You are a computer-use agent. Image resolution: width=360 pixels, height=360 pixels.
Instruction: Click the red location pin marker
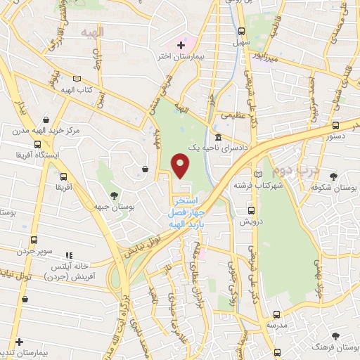[x=181, y=165]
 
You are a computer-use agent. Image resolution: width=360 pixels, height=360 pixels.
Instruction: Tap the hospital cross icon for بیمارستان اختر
[x=181, y=45]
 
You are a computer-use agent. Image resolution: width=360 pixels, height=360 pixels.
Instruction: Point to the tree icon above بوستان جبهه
[x=115, y=195]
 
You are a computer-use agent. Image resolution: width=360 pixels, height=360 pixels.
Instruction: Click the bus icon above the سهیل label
[x=241, y=32]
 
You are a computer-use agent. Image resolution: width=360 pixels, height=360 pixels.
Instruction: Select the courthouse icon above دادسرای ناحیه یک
[x=220, y=137]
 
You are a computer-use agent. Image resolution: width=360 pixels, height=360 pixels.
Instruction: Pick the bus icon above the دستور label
[x=335, y=127]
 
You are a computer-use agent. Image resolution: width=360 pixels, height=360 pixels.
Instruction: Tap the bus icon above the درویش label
[x=251, y=210]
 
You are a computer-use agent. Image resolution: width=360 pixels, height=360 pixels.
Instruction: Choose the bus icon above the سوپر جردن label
[x=28, y=237]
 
